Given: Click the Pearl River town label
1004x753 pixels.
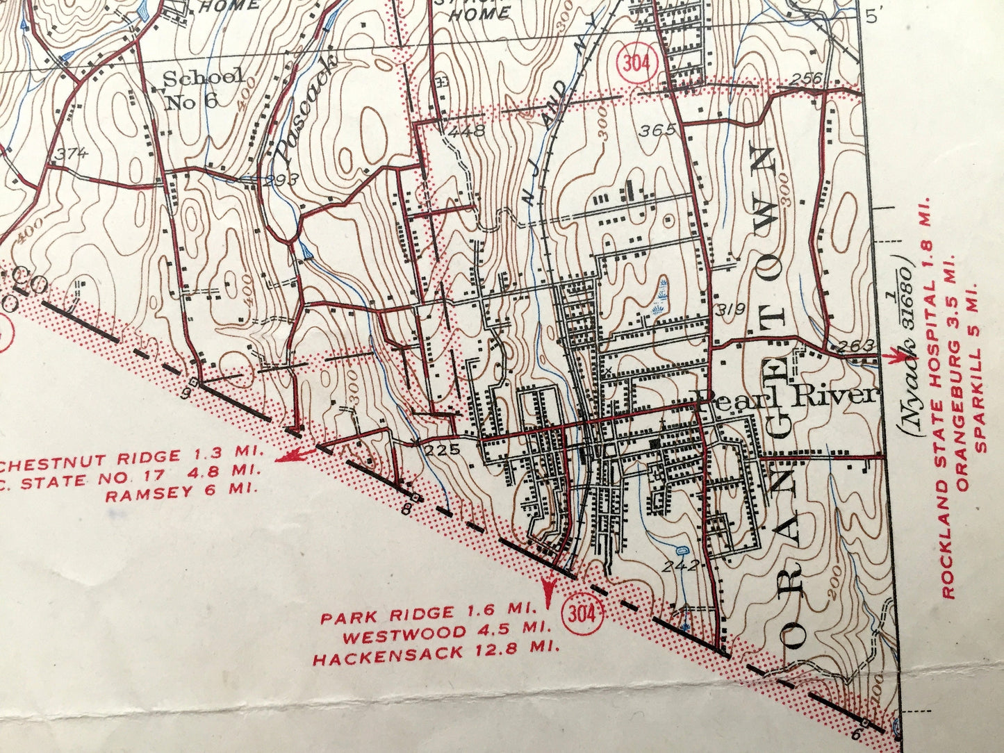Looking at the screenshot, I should click(787, 395).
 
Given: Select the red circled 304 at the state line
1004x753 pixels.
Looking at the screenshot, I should click(582, 614).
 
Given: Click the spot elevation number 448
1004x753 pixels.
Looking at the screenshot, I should click(465, 130).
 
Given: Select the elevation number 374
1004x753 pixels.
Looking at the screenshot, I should click(72, 154).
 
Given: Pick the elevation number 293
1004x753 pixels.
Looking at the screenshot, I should click(281, 179).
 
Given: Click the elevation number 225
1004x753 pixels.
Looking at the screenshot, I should click(443, 449).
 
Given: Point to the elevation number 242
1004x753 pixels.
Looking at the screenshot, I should click(680, 565).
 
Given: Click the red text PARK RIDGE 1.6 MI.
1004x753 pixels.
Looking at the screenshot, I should click(428, 614).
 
